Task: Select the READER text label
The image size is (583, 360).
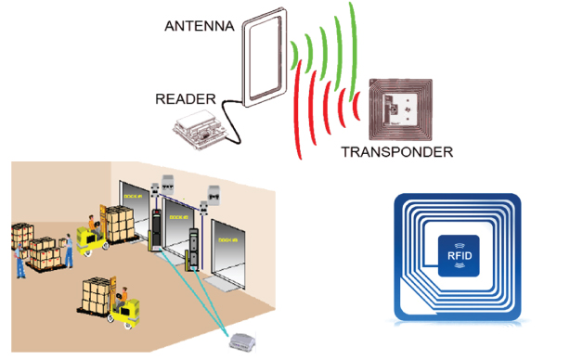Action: (186, 98)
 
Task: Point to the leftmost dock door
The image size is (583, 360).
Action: (135, 213)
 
